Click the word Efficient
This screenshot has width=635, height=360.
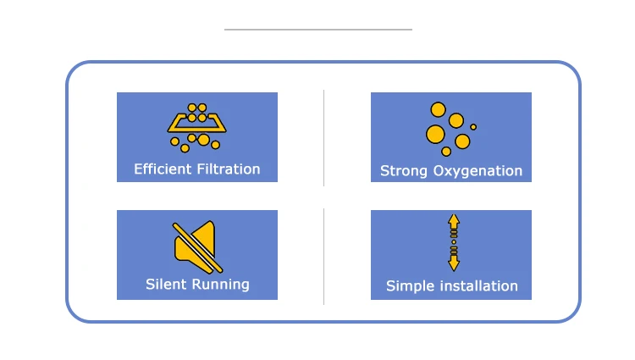[163, 169]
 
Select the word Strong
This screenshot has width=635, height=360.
[404, 171]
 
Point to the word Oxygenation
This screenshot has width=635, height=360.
[478, 171]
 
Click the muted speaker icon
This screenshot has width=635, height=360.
[197, 247]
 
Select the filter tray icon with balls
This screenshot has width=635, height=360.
[196, 128]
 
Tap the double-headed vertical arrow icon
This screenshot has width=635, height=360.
[454, 242]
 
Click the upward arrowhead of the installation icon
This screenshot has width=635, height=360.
[454, 220]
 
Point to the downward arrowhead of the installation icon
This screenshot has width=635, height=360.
[454, 264]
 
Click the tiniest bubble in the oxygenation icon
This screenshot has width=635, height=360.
[473, 127]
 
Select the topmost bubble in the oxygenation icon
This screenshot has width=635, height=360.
[439, 109]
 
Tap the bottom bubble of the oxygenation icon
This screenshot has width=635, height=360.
[446, 152]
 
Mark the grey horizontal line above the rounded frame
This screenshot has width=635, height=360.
[318, 30]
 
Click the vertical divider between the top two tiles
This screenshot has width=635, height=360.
[324, 138]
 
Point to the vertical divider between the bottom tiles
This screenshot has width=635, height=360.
[324, 257]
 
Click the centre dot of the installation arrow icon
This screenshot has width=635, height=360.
[454, 242]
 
